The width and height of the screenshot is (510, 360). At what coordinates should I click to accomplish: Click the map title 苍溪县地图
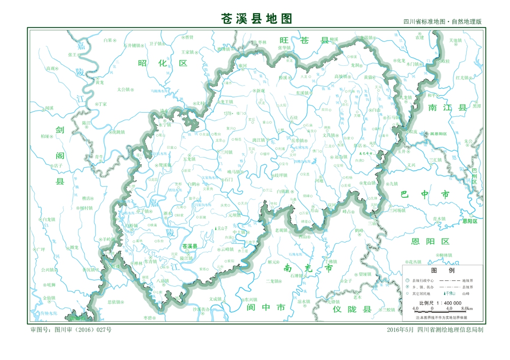click(257, 19)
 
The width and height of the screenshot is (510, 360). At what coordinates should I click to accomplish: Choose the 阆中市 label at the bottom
click(265, 307)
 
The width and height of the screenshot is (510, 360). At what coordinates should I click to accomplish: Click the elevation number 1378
click(227, 114)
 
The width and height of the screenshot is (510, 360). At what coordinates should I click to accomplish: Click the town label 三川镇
click(225, 152)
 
